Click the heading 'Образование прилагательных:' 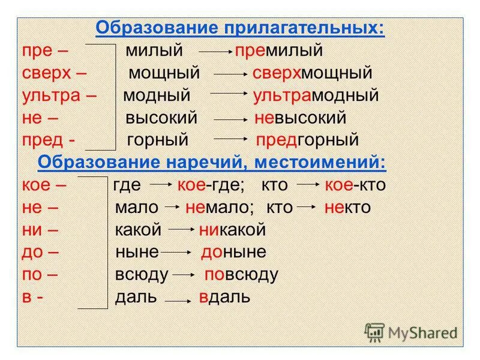pyautogui.click(x=240, y=29)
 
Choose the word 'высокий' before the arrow pyautogui.click(x=161, y=118)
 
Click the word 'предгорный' pyautogui.click(x=307, y=140)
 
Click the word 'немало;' pyautogui.click(x=220, y=208)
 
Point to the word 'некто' pyautogui.click(x=347, y=208)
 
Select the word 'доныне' pyautogui.click(x=233, y=252)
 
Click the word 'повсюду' pyautogui.click(x=241, y=275)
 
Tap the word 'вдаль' pyautogui.click(x=224, y=297)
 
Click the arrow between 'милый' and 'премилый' pyautogui.click(x=215, y=52)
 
